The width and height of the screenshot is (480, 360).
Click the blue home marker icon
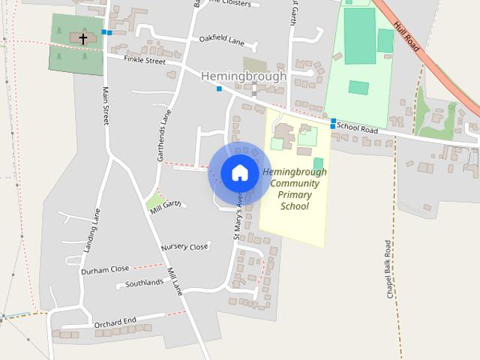[x=239, y=173]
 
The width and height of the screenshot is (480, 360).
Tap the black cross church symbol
[x=82, y=37]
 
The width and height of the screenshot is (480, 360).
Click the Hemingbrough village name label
[x=244, y=76]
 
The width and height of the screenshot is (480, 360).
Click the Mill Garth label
[x=166, y=205]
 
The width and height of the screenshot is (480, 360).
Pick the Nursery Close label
[x=184, y=247]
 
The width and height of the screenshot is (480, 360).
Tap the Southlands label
[x=144, y=283]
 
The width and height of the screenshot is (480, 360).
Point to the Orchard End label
[x=115, y=322]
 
